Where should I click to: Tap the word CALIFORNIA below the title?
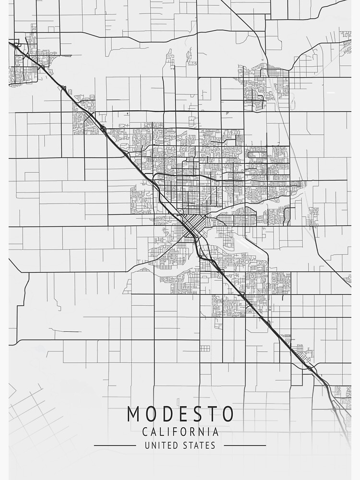coord(180,432)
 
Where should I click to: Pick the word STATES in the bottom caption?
coord(199,445)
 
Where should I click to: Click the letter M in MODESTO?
coord(134,414)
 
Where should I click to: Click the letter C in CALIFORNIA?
coord(145,432)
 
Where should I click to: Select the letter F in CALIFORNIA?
coord(176,432)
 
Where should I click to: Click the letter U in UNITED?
coord(147,445)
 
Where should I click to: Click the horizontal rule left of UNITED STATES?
coord(115,445)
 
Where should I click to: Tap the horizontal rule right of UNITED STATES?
coord(245,445)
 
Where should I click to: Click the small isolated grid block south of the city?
coord(205,348)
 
